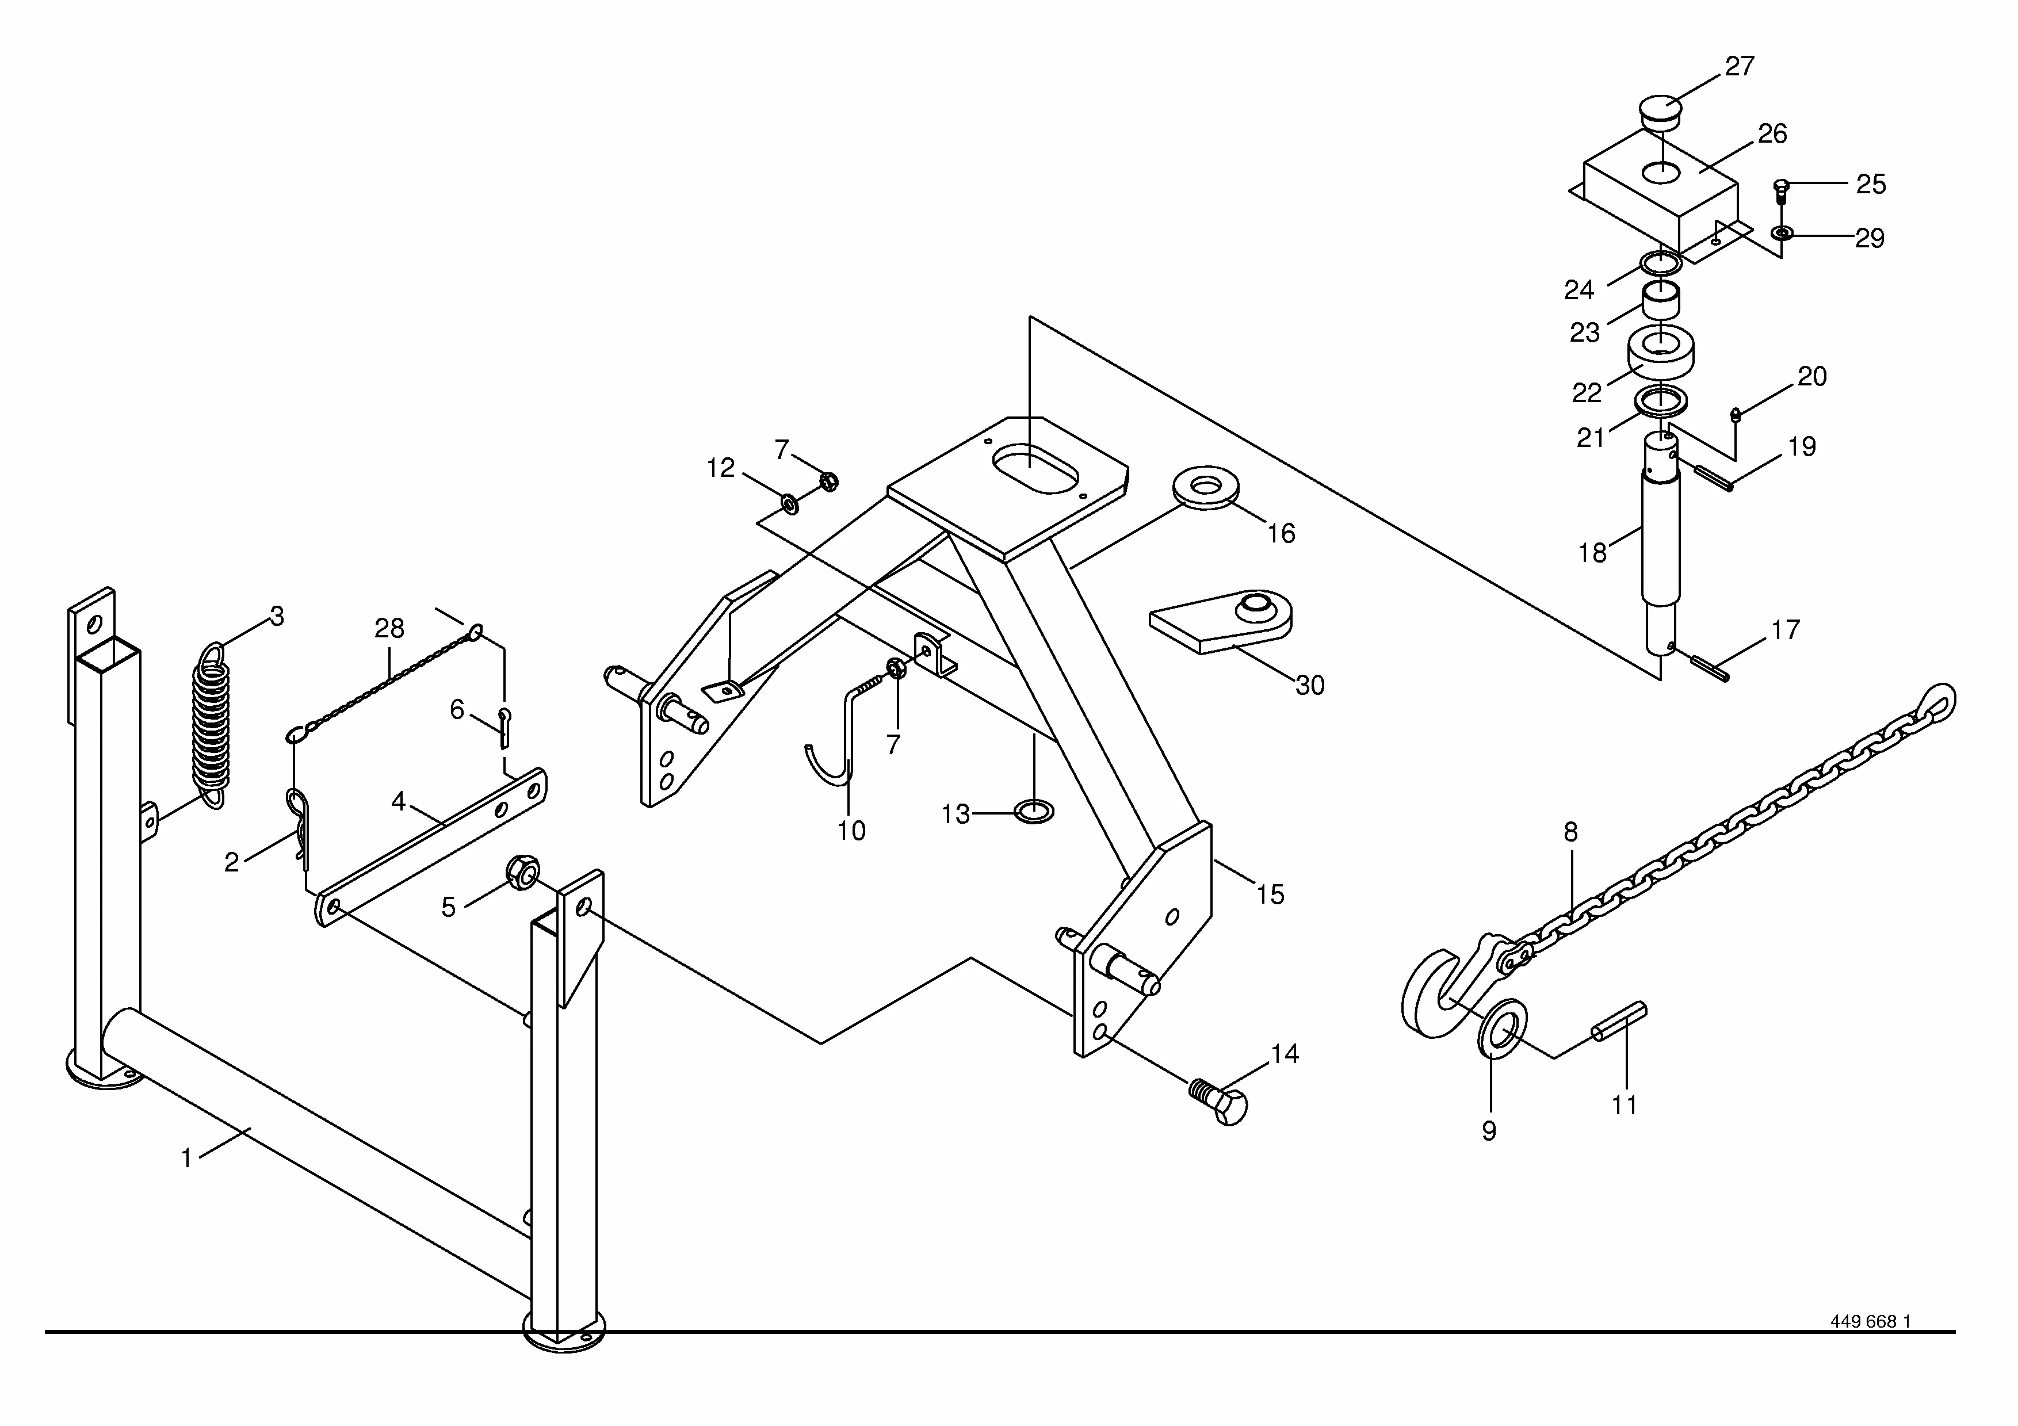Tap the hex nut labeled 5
pos(522,871)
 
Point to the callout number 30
pos(1310,685)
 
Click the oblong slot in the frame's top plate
pos(1034,468)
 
